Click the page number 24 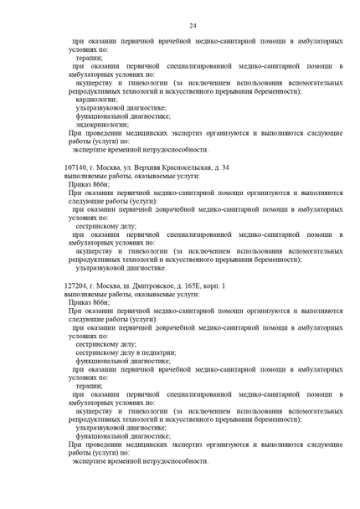click(x=193, y=26)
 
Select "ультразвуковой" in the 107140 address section click(x=102, y=269)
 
